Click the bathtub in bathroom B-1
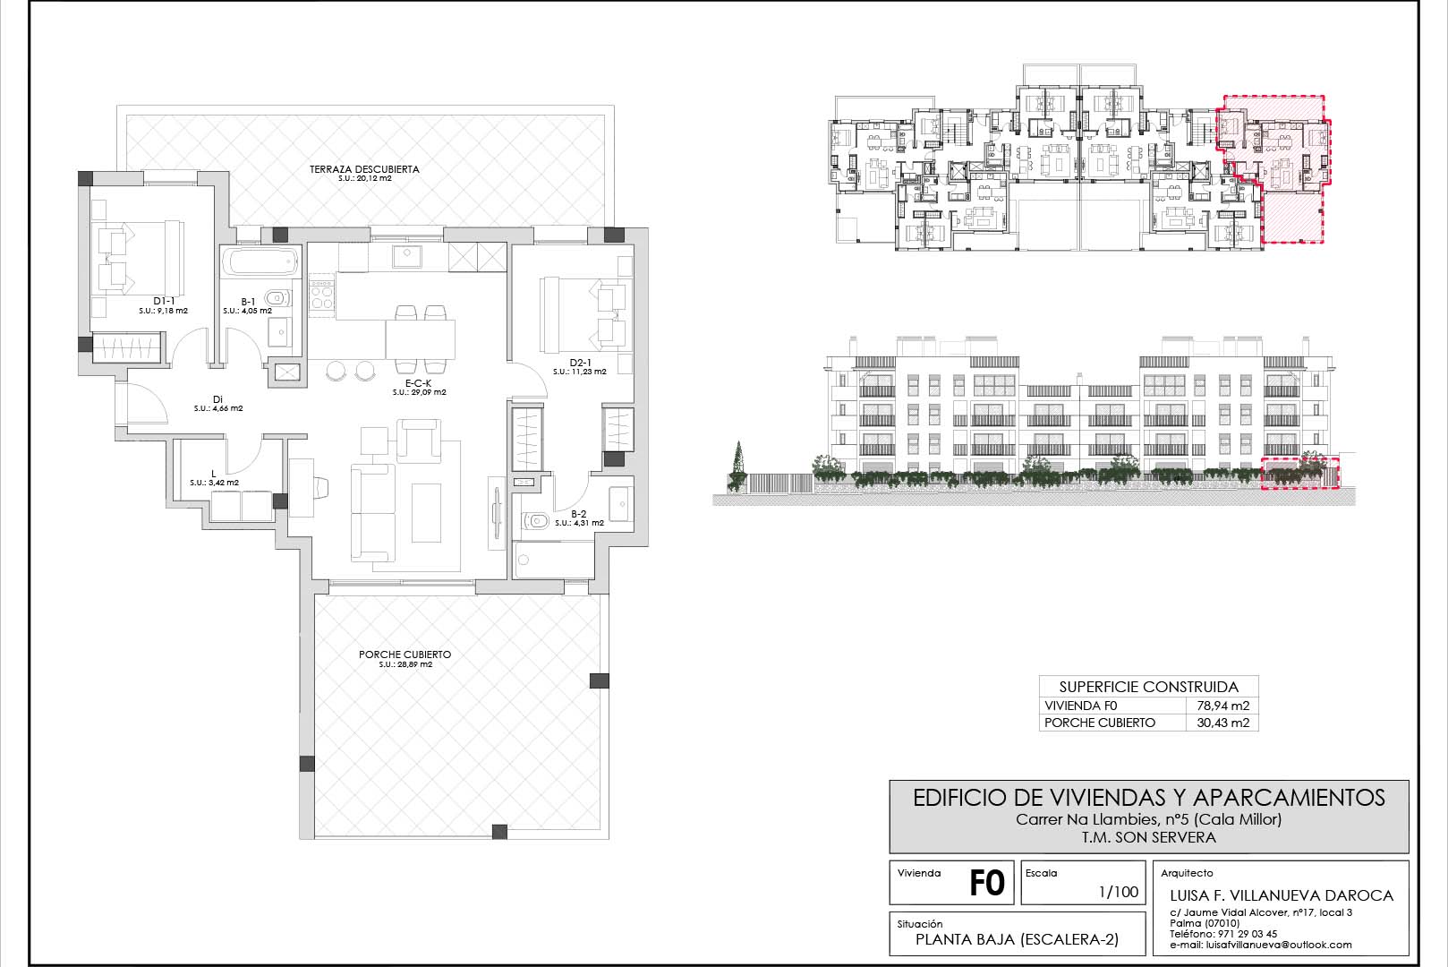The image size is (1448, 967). click(x=260, y=262)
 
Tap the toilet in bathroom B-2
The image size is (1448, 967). click(x=535, y=520)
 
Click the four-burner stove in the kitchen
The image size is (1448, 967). click(x=321, y=295)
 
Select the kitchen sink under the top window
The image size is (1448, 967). click(x=407, y=257)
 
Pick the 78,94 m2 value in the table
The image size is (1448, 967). click(x=1223, y=706)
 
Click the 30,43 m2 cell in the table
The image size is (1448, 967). click(x=1223, y=723)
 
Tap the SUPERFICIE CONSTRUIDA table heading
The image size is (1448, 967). click(x=1149, y=687)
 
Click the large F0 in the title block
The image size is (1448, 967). click(x=987, y=883)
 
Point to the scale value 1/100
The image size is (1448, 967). click(x=1119, y=892)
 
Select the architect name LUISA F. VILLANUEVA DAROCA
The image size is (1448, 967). click(x=1282, y=896)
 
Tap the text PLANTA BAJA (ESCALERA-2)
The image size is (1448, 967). click(x=1017, y=940)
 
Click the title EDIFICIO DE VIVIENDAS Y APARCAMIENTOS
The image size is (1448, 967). click(x=1149, y=798)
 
